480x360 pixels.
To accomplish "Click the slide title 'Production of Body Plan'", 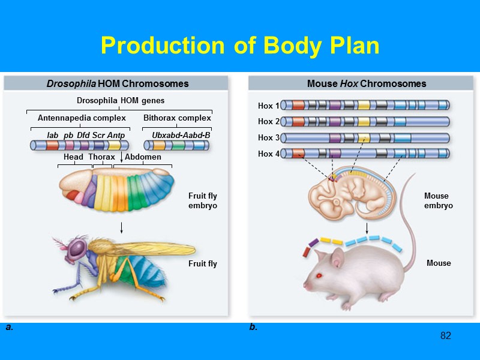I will tap(240, 46).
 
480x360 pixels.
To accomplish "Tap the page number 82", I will tap(445, 335).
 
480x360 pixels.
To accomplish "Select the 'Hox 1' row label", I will tap(269, 106).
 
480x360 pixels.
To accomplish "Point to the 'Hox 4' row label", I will tap(269, 154).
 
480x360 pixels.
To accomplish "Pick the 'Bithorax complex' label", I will tap(177, 118).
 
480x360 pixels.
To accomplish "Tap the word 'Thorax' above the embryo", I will tap(101, 157).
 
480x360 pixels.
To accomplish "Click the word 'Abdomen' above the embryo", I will tap(143, 157).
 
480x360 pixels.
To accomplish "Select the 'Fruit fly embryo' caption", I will tap(202, 200).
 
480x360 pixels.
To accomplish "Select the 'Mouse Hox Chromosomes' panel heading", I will tap(367, 83).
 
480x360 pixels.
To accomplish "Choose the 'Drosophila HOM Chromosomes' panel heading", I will tap(118, 83).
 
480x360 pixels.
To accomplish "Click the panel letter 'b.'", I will tap(253, 328).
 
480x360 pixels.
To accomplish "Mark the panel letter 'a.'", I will tap(9, 328).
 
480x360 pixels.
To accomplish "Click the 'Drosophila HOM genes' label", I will tap(120, 100).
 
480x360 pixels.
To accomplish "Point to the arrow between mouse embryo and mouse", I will tap(367, 229).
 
